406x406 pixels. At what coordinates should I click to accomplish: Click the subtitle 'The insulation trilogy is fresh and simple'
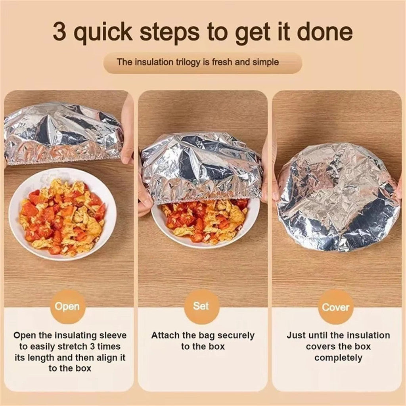coord(198,62)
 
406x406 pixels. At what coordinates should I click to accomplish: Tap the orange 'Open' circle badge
coord(67,306)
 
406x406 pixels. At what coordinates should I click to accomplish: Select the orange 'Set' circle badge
coord(201,306)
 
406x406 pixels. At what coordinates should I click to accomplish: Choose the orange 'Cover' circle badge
coord(335,307)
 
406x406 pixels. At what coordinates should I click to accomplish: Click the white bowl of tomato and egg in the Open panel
coord(62,214)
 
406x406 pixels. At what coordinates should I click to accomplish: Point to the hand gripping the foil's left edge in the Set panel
coord(144,194)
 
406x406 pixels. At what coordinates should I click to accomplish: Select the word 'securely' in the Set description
coord(236,336)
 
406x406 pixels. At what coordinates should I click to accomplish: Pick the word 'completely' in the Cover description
coord(338,358)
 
